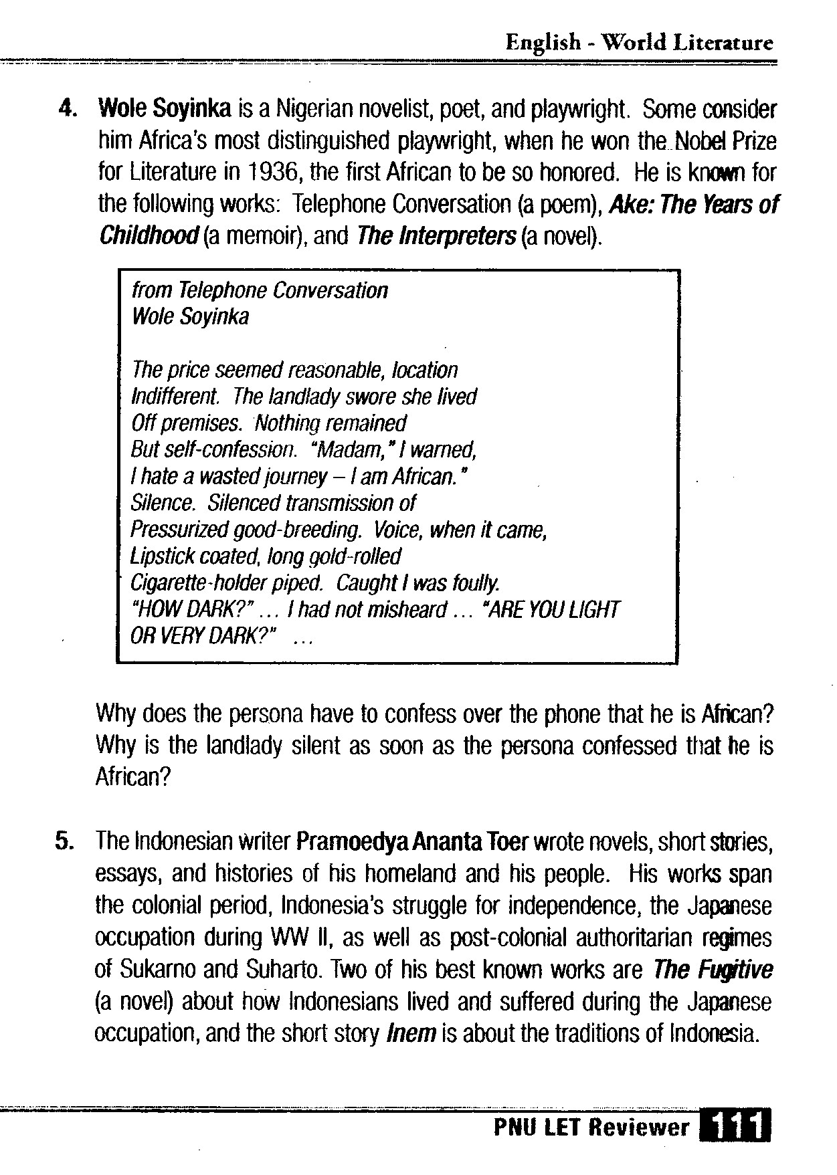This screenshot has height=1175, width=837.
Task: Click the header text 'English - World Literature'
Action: pos(639,43)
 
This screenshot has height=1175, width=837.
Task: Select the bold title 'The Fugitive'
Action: pos(713,969)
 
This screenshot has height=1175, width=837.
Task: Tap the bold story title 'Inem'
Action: pos(411,1034)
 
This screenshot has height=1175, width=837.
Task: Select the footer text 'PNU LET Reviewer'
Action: pos(591,1128)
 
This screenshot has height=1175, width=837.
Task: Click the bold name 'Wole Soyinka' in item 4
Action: pos(165,108)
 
